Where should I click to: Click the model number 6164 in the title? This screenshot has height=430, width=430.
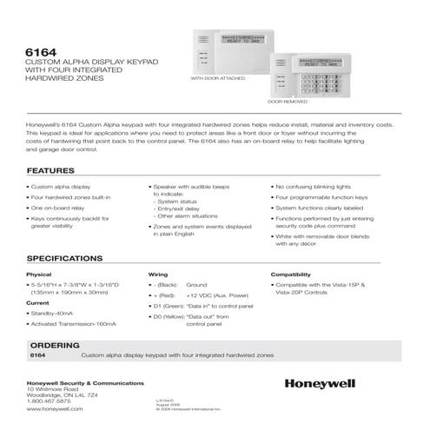tap(43, 49)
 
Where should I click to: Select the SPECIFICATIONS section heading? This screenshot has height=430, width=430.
tap(73, 258)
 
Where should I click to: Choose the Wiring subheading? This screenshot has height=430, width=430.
tap(157, 275)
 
